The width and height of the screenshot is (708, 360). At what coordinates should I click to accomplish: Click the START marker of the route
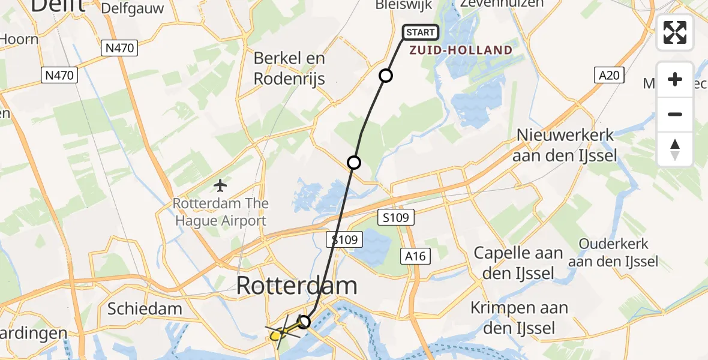[421, 32]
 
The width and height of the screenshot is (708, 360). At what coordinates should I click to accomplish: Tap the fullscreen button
[675, 32]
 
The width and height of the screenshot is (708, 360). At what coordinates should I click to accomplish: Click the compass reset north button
[675, 149]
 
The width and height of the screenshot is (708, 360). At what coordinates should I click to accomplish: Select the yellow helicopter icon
[277, 335]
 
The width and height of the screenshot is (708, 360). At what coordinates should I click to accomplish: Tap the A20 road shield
[610, 75]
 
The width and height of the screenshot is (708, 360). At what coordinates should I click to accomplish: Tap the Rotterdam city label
[297, 286]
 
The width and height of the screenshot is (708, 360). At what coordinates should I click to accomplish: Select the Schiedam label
[145, 309]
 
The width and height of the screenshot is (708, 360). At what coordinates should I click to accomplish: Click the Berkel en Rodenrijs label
[289, 68]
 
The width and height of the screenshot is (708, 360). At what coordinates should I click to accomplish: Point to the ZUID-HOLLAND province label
[461, 50]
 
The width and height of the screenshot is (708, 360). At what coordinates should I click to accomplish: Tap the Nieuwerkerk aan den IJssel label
[566, 144]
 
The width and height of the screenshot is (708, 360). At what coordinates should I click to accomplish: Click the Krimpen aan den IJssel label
[519, 318]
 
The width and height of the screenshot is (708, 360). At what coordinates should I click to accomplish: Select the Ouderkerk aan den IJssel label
[614, 253]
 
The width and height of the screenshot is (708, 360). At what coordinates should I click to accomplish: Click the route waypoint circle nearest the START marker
[386, 76]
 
